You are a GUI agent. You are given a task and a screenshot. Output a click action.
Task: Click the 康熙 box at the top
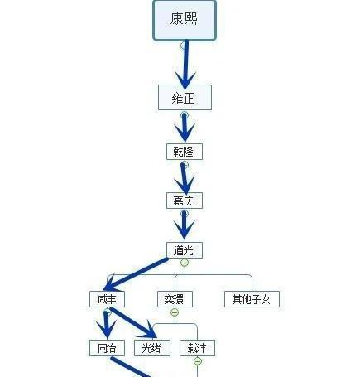click(184, 20)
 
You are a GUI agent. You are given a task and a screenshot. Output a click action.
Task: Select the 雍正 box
click(185, 97)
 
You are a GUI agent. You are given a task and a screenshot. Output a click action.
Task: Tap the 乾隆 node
click(184, 152)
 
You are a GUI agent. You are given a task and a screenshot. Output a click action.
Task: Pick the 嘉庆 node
click(184, 201)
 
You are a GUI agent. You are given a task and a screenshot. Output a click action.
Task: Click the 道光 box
click(184, 249)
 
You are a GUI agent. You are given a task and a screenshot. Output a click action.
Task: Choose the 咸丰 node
click(107, 299)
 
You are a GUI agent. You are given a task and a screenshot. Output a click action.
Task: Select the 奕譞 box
click(175, 299)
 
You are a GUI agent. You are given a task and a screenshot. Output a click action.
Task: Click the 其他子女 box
click(252, 299)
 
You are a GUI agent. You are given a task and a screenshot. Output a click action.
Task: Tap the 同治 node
click(107, 348)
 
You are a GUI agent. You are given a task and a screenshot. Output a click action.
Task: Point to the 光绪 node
click(152, 348)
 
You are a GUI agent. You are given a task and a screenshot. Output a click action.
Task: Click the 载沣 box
click(198, 348)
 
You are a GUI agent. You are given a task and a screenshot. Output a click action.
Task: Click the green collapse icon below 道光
click(185, 263)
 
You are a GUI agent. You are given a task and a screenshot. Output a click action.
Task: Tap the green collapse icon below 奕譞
click(175, 312)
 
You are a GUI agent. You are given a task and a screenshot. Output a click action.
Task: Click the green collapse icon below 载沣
click(198, 361)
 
